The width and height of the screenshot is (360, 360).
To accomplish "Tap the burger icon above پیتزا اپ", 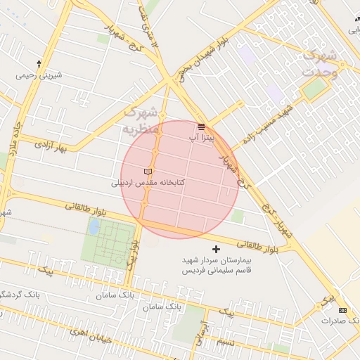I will (202, 127).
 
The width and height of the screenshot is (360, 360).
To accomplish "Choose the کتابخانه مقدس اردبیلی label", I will (148, 182).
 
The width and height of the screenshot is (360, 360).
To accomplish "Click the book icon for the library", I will (148, 172).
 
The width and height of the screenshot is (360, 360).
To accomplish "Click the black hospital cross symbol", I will (216, 249).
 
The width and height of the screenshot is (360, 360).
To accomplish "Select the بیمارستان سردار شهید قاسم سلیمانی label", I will (216, 265).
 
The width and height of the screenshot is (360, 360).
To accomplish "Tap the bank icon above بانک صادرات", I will (342, 310).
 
